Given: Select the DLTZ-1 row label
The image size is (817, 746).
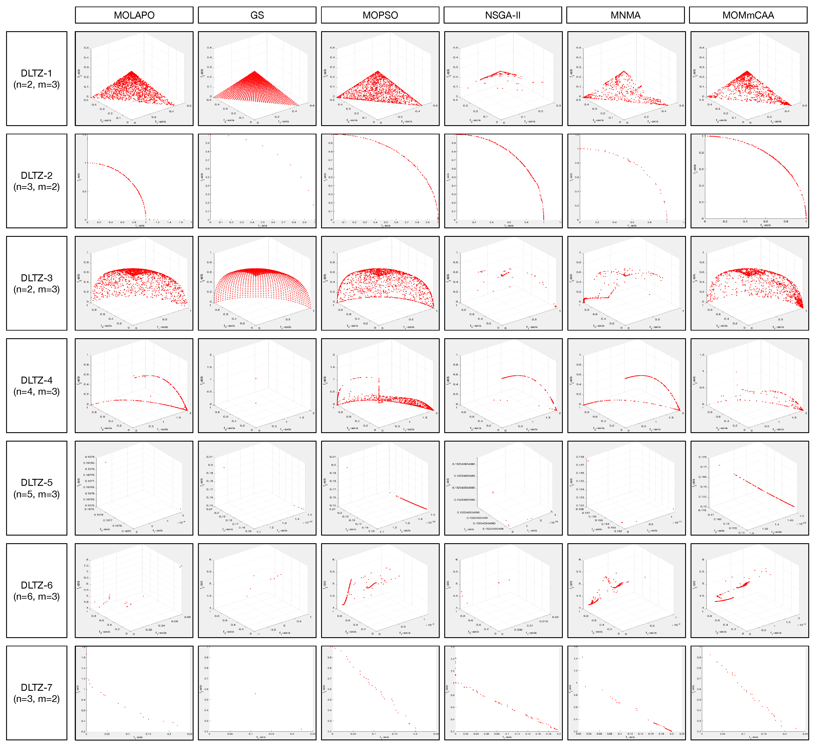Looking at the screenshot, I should [36, 79].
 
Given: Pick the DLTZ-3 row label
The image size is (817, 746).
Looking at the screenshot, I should [36, 283].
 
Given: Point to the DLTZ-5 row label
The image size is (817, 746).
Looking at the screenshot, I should [36, 488].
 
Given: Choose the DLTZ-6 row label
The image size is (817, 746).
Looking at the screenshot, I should [36, 591].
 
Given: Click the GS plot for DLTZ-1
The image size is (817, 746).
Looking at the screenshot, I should [257, 79].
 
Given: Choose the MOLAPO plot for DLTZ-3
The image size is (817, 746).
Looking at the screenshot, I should [134, 283].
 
